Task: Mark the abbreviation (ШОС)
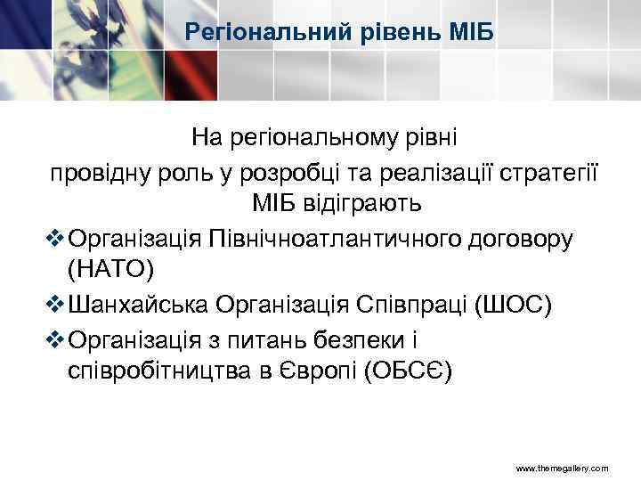coord(515,304)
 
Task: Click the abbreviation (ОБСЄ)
coord(408,371)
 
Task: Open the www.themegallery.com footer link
coord(563,469)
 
